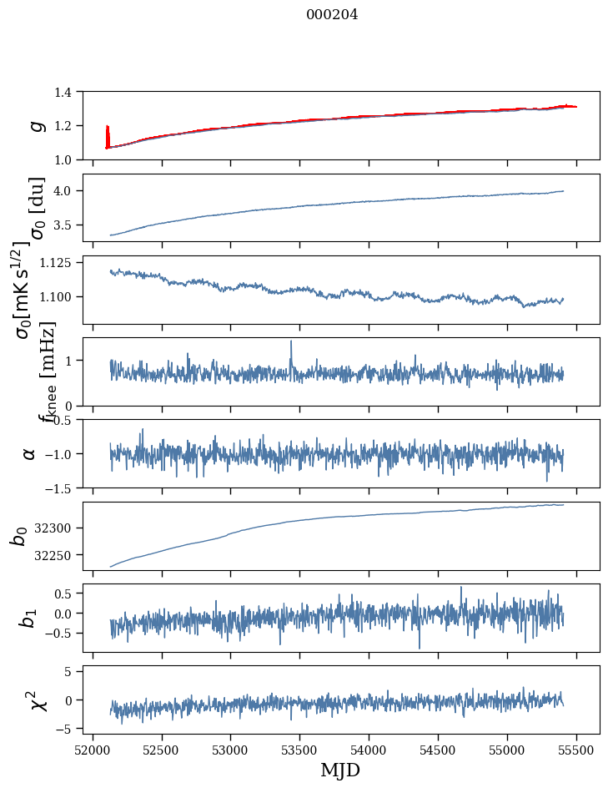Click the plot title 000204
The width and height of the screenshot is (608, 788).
(332, 14)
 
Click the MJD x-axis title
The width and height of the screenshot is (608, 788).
(340, 770)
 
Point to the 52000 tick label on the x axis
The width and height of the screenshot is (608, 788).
(93, 749)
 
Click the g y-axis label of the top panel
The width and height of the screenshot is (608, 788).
(36, 125)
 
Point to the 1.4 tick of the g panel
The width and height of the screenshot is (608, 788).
(71, 92)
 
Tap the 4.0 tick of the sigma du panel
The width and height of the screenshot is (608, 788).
(71, 191)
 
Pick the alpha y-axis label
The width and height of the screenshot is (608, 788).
(30, 453)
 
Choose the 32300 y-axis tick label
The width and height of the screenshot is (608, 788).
(60, 528)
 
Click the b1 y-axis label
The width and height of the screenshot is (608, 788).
(29, 618)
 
